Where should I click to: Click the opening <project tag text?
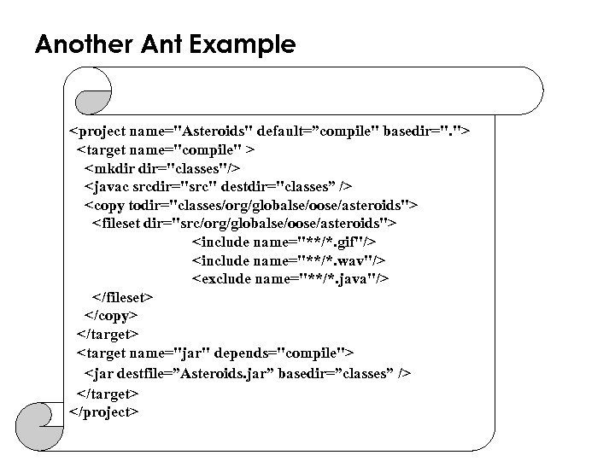(98, 133)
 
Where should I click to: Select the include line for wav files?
(289, 260)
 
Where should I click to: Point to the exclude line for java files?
(290, 278)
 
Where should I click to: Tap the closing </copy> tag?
(110, 315)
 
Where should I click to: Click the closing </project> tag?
(103, 411)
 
